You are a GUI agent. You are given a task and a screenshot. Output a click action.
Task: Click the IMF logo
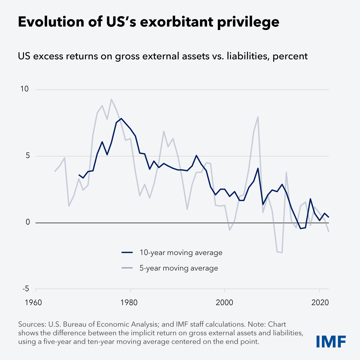click(331, 341)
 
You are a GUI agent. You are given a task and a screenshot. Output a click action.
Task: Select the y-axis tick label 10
click(24, 89)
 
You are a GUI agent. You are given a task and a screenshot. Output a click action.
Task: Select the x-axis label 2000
click(225, 302)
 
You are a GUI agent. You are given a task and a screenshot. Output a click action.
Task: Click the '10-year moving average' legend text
click(181, 253)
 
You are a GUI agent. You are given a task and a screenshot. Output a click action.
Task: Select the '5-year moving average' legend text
click(179, 268)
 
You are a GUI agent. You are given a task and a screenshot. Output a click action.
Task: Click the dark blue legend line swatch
click(127, 253)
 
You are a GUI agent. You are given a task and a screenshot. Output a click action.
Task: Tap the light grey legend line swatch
click(127, 268)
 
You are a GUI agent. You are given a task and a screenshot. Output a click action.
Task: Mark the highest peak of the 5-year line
click(111, 99)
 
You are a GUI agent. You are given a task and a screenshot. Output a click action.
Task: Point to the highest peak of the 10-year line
click(121, 118)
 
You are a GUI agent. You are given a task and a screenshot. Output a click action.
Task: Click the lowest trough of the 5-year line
click(282, 253)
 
